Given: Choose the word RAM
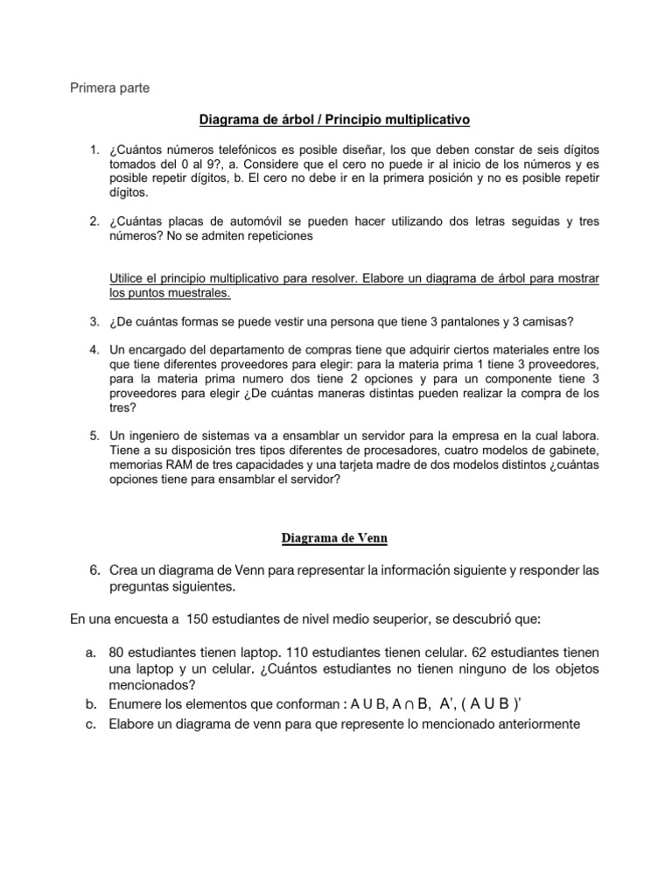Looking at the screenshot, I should pos(179,464).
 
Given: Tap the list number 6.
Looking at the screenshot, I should pos(94,570).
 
